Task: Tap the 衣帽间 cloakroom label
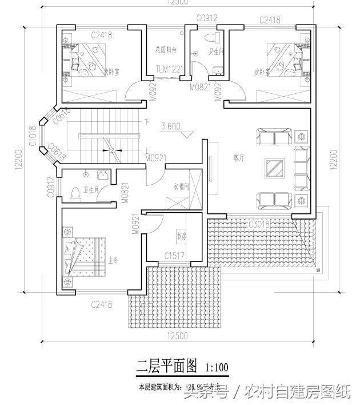(181, 186)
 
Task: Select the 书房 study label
(181, 235)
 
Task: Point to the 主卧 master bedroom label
(114, 260)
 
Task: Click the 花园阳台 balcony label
(166, 50)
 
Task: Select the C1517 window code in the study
(174, 256)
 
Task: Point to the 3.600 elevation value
(171, 126)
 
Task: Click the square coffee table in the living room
(275, 169)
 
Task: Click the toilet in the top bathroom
(214, 38)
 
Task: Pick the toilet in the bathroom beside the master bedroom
(74, 194)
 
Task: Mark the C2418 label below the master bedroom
(101, 304)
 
